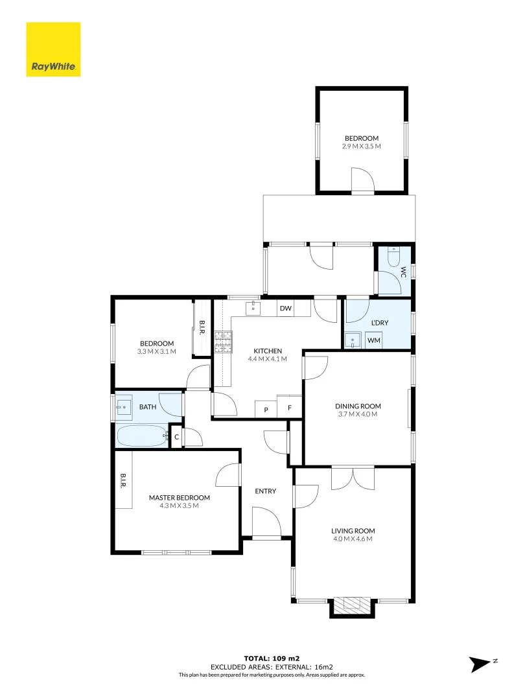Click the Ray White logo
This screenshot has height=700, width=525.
click(53, 50)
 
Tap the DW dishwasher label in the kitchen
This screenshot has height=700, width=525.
click(285, 309)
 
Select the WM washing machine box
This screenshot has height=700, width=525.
click(374, 340)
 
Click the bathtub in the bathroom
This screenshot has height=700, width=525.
click(141, 436)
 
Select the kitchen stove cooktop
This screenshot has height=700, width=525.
click(223, 341)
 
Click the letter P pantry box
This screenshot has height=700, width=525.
click(266, 410)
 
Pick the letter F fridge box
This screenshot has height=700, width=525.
click(290, 410)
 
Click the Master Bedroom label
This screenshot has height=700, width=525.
click(180, 498)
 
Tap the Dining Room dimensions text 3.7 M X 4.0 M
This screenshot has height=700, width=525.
click(358, 414)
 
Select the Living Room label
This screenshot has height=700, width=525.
click(354, 531)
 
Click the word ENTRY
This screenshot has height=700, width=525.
click(265, 491)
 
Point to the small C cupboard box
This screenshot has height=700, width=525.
click(176, 437)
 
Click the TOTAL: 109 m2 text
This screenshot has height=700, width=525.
click(271, 659)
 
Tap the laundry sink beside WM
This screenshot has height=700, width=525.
click(353, 340)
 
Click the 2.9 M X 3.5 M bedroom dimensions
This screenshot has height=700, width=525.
click(361, 146)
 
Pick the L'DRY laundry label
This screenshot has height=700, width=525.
click(379, 323)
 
